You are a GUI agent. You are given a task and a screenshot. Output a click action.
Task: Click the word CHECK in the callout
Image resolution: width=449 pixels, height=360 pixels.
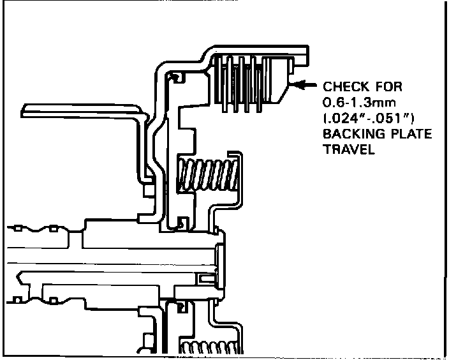344,86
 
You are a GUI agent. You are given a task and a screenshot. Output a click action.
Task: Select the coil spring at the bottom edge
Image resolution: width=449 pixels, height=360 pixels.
209,349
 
